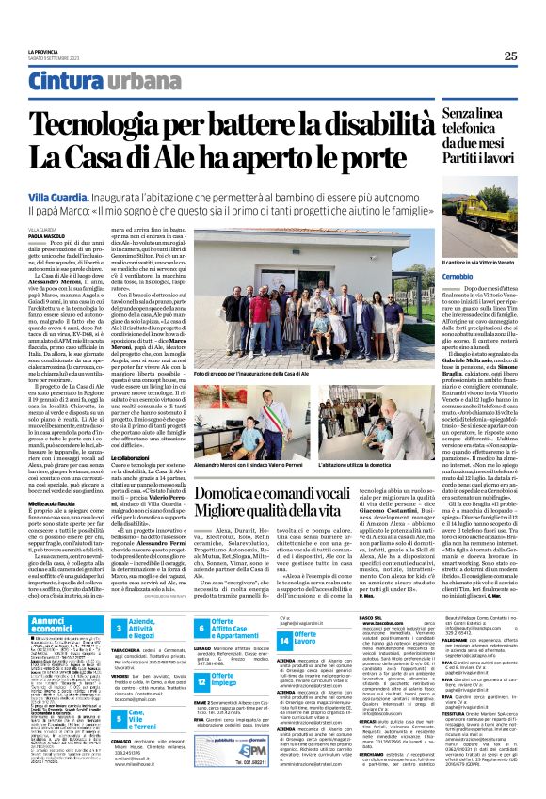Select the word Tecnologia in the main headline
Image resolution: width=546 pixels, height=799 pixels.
(x=104, y=121)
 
